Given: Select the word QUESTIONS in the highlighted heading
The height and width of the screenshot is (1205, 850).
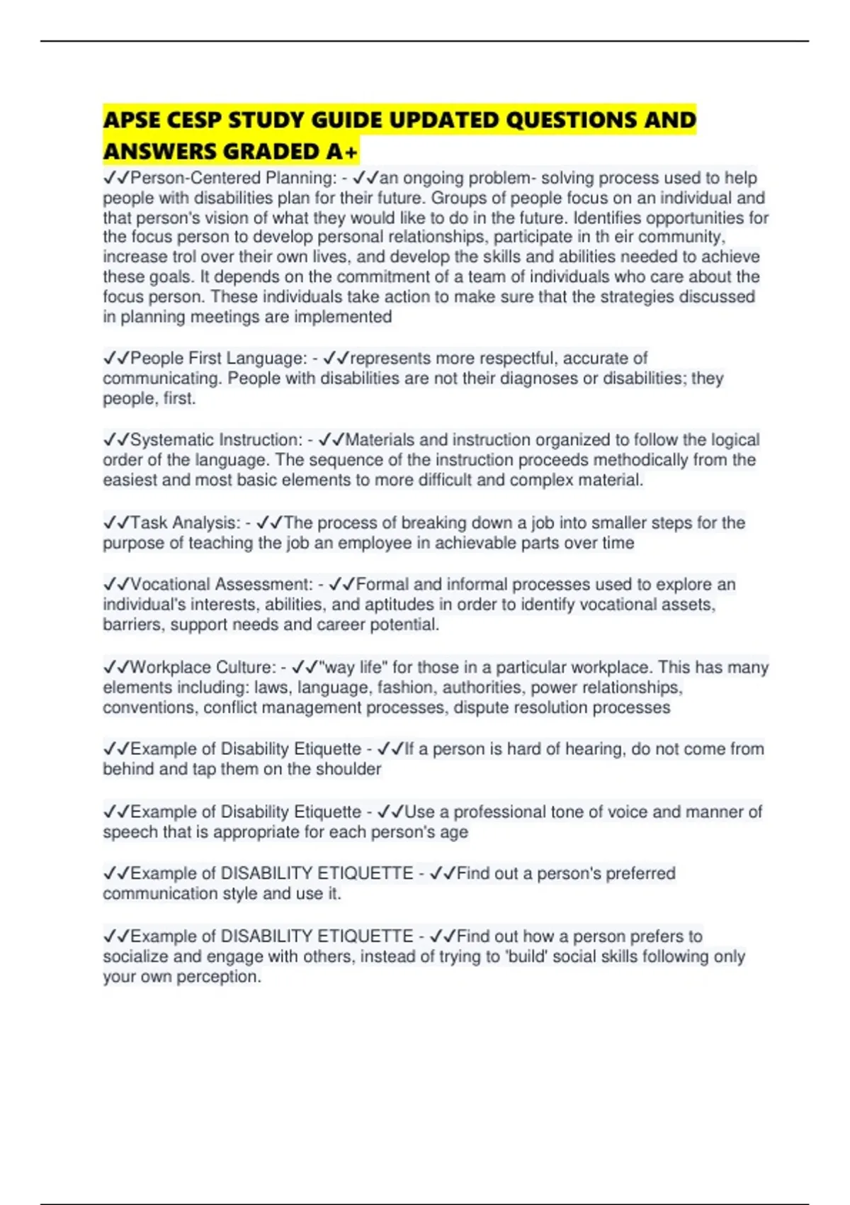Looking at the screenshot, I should [x=572, y=120].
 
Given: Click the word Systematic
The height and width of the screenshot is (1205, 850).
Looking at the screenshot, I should [x=171, y=440].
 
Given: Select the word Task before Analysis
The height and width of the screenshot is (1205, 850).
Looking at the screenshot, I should [x=148, y=523].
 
